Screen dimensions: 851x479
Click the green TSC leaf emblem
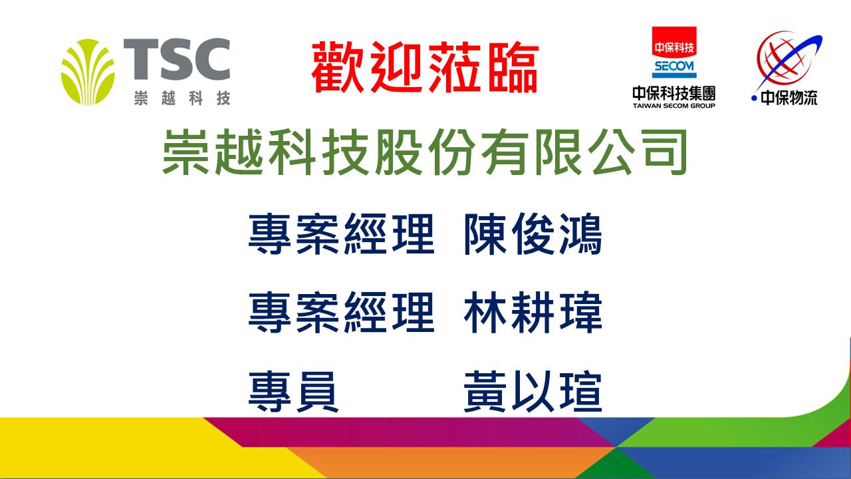[x=87, y=72]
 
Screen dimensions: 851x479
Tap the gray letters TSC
[x=177, y=59]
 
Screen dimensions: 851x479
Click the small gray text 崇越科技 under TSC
[x=182, y=98]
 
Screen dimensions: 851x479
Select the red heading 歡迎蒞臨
[x=425, y=68]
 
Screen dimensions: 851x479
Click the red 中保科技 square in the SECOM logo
[x=674, y=42]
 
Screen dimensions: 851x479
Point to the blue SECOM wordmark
[x=674, y=67]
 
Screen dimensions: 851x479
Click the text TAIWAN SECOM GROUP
[x=674, y=106]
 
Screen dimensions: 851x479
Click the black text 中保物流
[x=789, y=98]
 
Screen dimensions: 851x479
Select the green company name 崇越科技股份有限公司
[x=425, y=152]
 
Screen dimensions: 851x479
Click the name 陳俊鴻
[x=533, y=234]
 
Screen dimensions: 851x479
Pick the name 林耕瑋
[x=533, y=313]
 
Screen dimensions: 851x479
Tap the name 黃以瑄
[x=533, y=392]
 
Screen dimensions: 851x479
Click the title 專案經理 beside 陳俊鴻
[x=341, y=234]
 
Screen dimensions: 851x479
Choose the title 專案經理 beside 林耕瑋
[x=341, y=313]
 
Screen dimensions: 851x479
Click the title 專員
[x=293, y=392]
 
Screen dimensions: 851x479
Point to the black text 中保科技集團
[x=674, y=94]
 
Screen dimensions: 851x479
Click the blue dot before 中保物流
[x=754, y=98]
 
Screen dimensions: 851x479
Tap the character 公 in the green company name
[x=609, y=152]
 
